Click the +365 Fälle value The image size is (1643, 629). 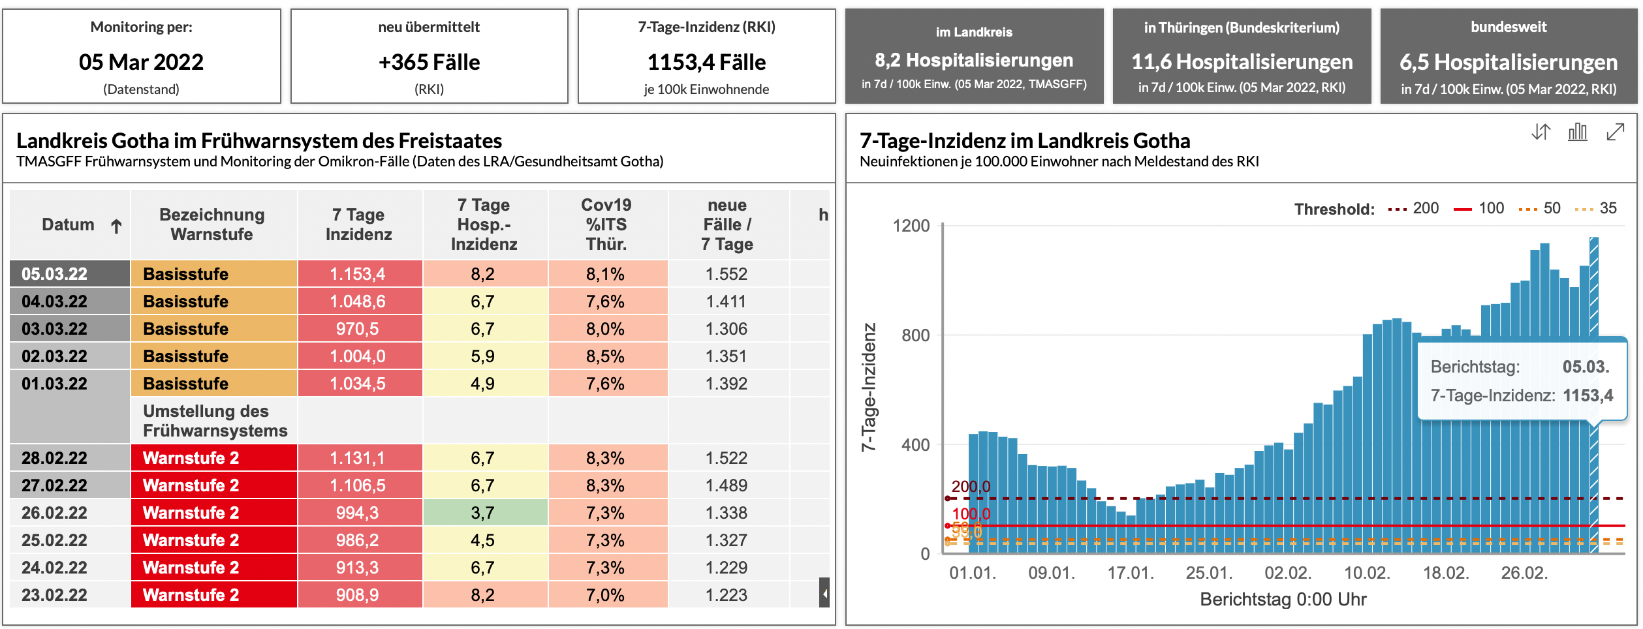429,62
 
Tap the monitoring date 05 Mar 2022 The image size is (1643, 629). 141,62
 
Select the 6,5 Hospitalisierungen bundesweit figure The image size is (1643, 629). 1509,62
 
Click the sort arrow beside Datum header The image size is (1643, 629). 116,226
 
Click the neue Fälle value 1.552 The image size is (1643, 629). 727,274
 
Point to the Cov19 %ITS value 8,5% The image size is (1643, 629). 605,356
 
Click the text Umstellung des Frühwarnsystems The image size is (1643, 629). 215,421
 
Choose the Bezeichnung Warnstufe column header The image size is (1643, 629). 213,224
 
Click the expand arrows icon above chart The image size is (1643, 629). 1615,132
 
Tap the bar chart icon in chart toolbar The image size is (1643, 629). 1578,132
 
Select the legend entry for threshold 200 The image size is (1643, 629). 1413,209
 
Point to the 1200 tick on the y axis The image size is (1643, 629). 911,226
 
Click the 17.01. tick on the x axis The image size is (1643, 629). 1131,573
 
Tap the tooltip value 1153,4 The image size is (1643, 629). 1588,395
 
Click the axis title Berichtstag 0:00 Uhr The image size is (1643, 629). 1283,599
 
